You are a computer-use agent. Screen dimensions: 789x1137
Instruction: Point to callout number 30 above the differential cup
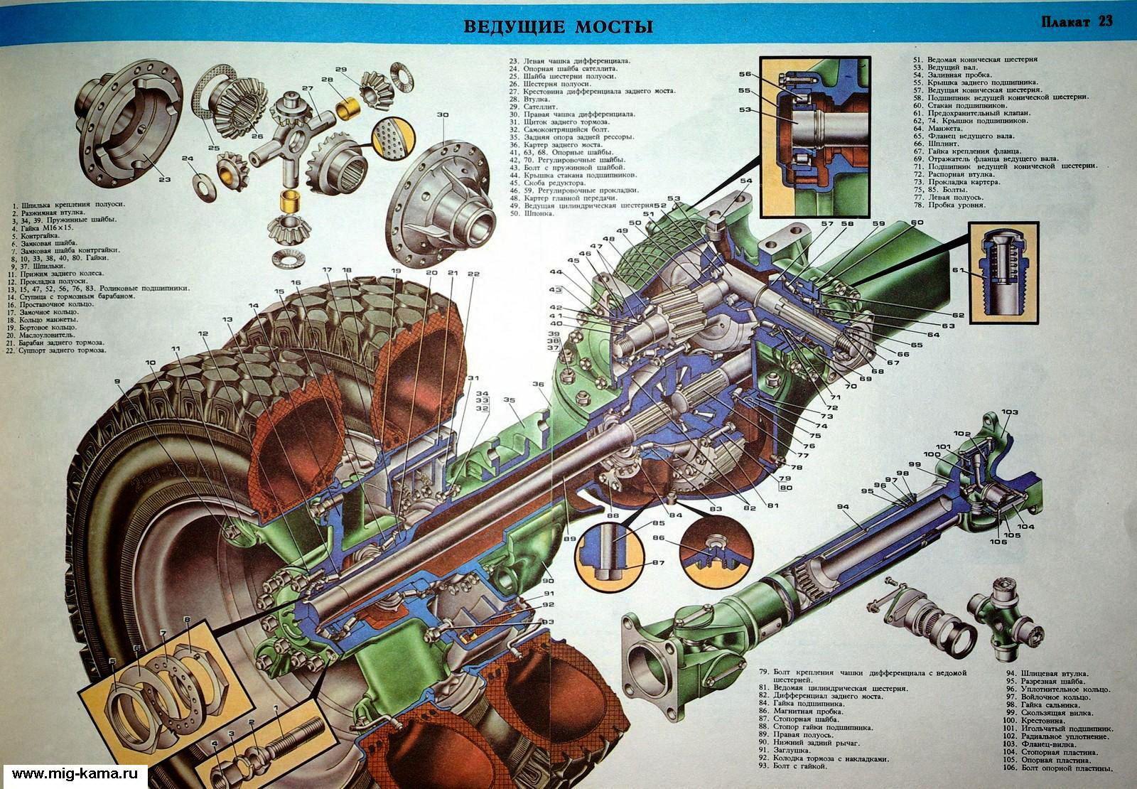(443, 114)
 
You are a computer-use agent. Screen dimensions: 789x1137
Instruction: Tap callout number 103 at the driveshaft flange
(1010, 412)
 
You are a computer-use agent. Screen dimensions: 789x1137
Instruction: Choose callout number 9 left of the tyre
(118, 382)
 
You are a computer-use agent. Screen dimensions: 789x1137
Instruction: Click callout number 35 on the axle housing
(510, 401)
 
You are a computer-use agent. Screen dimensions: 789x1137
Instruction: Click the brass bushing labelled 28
(350, 107)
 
